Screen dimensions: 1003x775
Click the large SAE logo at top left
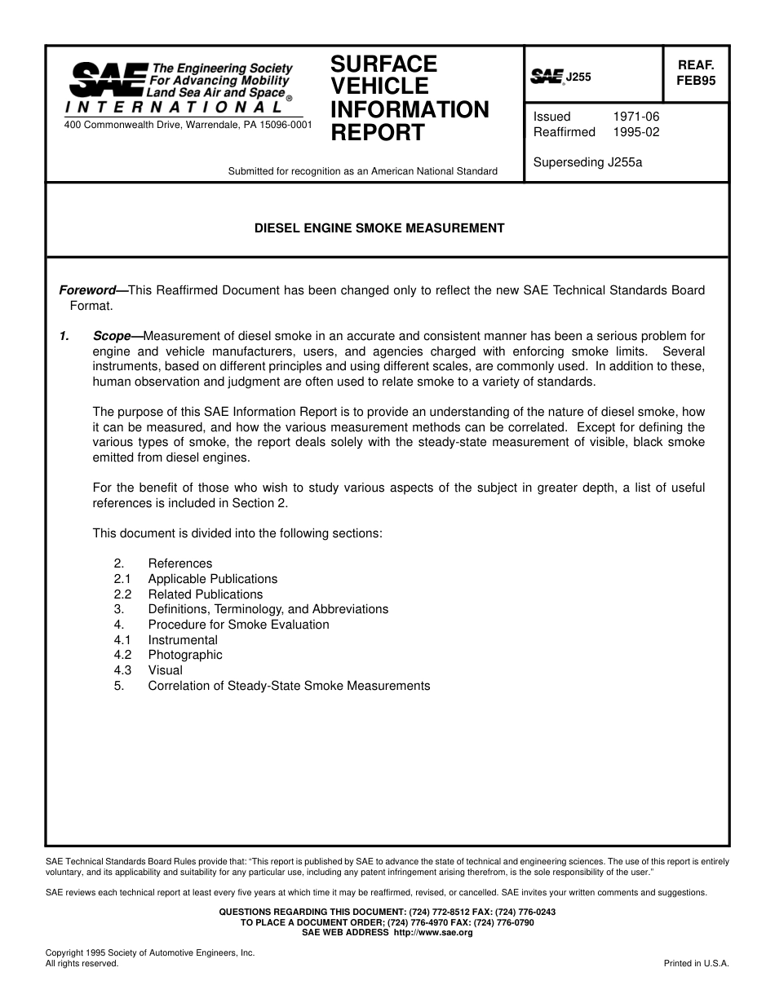pyautogui.click(x=107, y=80)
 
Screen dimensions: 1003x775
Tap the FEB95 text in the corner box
pyautogui.click(x=696, y=81)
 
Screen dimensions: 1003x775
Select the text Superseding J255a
pyautogui.click(x=587, y=161)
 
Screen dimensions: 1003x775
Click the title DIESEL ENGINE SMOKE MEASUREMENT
pyautogui.click(x=379, y=228)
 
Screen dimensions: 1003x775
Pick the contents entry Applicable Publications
pyautogui.click(x=212, y=579)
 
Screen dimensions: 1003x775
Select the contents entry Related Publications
pyautogui.click(x=205, y=594)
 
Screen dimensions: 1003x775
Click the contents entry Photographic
pyautogui.click(x=184, y=655)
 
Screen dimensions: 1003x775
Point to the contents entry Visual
pyautogui.click(x=165, y=670)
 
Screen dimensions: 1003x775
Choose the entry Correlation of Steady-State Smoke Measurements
pyautogui.click(x=288, y=686)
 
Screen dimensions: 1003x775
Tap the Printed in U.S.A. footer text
pyautogui.click(x=696, y=963)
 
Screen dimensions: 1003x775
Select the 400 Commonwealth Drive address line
pyautogui.click(x=187, y=126)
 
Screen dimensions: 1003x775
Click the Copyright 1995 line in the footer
pyautogui.click(x=150, y=952)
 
